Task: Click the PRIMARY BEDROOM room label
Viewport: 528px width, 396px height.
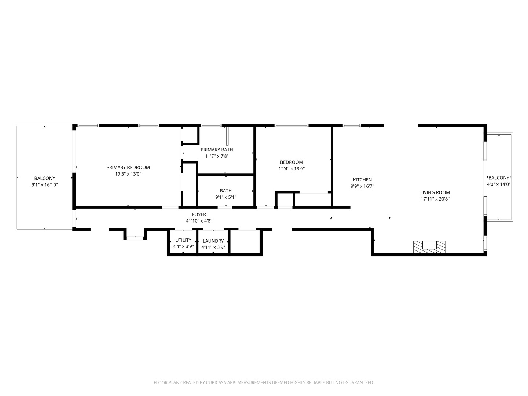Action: (128, 168)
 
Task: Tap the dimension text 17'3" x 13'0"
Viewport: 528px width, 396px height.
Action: (128, 174)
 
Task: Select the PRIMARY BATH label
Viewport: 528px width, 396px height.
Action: (217, 150)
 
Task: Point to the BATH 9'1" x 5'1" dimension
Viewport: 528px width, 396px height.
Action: (225, 197)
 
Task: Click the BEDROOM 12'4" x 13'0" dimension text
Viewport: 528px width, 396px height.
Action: (291, 169)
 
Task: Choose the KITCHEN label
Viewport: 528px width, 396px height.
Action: (362, 180)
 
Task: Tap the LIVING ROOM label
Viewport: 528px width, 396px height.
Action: (435, 192)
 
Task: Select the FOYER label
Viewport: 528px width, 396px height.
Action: (199, 214)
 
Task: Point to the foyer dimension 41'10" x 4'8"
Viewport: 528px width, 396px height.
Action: (199, 221)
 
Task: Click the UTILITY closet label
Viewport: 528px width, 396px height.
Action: (183, 240)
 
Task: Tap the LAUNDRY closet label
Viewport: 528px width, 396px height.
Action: (213, 241)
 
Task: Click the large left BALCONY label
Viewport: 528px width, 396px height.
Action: (45, 179)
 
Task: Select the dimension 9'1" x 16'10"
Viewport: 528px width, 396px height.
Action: (45, 185)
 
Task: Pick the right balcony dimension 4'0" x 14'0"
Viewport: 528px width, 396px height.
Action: (499, 184)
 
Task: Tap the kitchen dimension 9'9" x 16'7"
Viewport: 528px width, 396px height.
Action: (362, 186)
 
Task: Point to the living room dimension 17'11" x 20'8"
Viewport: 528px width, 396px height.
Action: (435, 199)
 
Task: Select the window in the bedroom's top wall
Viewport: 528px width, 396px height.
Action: (291, 125)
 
